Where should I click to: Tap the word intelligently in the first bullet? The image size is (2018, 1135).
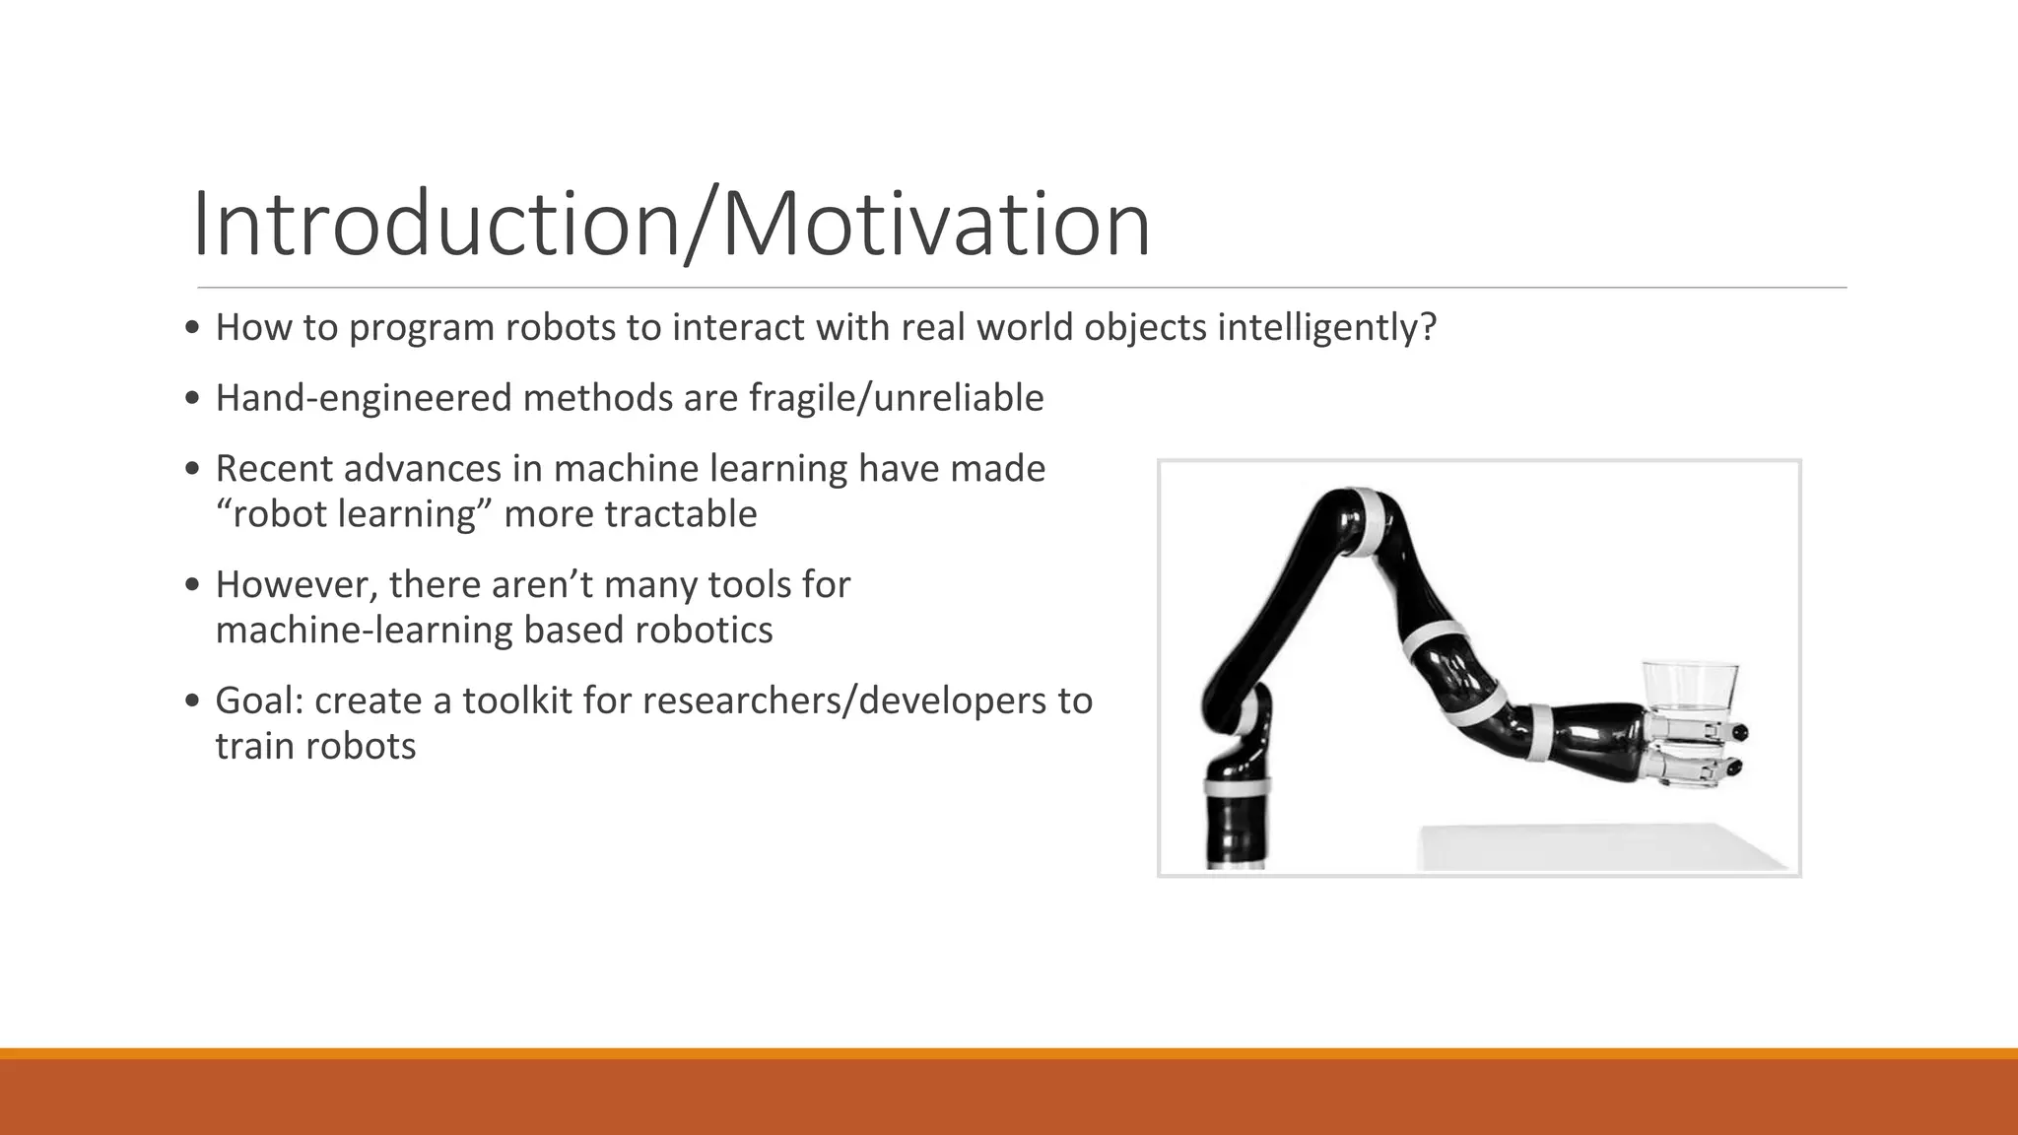click(1326, 327)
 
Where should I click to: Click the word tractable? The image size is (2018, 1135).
click(680, 514)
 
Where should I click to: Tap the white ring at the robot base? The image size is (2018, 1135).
click(1236, 786)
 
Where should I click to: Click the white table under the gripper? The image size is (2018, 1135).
click(1596, 847)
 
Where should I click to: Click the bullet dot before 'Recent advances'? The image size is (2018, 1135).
click(193, 469)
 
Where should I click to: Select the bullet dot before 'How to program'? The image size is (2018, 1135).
click(193, 328)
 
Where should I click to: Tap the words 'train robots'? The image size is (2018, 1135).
click(315, 747)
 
